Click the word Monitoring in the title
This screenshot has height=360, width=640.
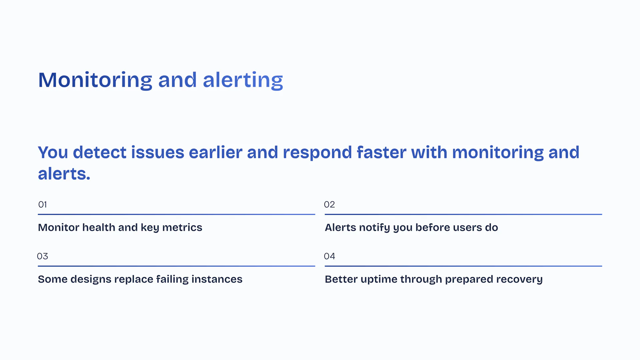[x=95, y=80]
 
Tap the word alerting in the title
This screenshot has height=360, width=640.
[x=243, y=80]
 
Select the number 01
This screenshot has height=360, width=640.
[x=42, y=204]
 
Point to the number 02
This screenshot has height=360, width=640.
[x=329, y=204]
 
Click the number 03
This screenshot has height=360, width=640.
[x=42, y=256]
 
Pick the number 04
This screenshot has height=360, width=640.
[x=329, y=256]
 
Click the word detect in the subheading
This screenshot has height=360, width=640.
[x=100, y=152]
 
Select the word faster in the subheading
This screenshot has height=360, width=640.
[x=381, y=152]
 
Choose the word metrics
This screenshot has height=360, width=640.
[x=182, y=227]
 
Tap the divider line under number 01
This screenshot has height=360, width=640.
[x=176, y=214]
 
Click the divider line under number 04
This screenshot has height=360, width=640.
[x=463, y=266]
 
